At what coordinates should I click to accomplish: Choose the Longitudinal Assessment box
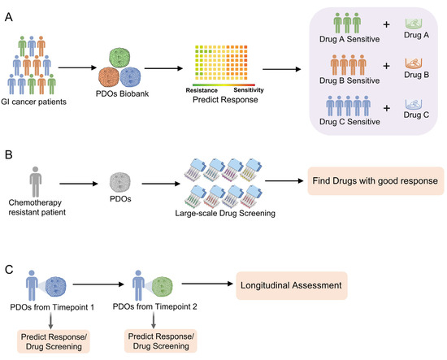click(291, 286)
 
